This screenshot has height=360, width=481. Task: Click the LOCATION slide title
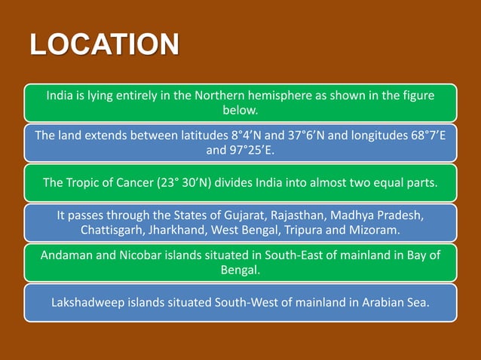pos(105,44)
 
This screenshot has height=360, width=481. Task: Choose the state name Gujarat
pos(259,215)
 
